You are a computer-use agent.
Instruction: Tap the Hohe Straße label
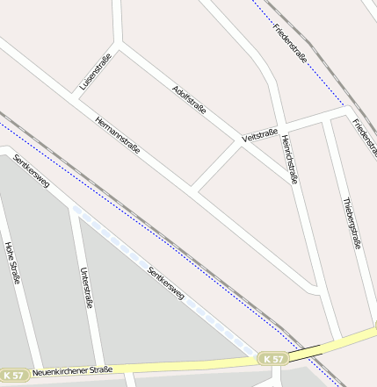12,263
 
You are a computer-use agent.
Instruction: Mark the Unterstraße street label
85,288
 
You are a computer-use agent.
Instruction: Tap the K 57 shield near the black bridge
273,360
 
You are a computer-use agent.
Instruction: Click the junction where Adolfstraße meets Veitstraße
240,142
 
